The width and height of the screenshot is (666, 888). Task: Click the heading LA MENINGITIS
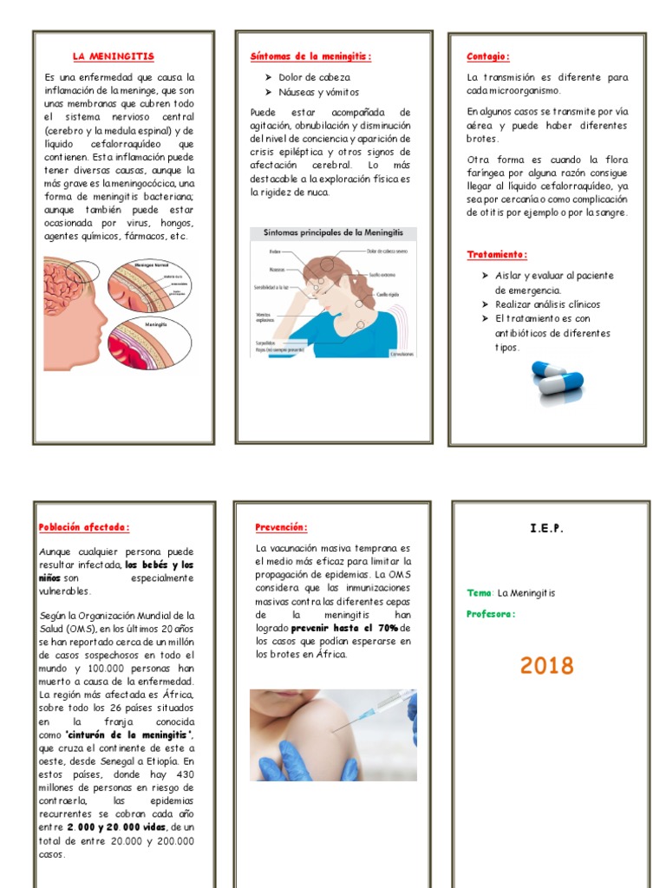(114, 56)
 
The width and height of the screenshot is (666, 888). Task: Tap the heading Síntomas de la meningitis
(310, 56)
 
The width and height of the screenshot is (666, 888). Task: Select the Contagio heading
(487, 56)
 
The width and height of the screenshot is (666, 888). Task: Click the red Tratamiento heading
(497, 255)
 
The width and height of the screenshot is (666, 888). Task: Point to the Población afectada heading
(84, 527)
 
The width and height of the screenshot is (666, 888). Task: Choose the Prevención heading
(281, 527)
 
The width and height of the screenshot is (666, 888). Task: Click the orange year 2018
(547, 666)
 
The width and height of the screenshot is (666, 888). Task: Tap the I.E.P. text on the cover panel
(546, 528)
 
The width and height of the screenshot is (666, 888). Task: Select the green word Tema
(479, 593)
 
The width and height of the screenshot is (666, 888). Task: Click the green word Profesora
(491, 614)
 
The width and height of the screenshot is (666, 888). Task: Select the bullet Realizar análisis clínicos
(547, 304)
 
